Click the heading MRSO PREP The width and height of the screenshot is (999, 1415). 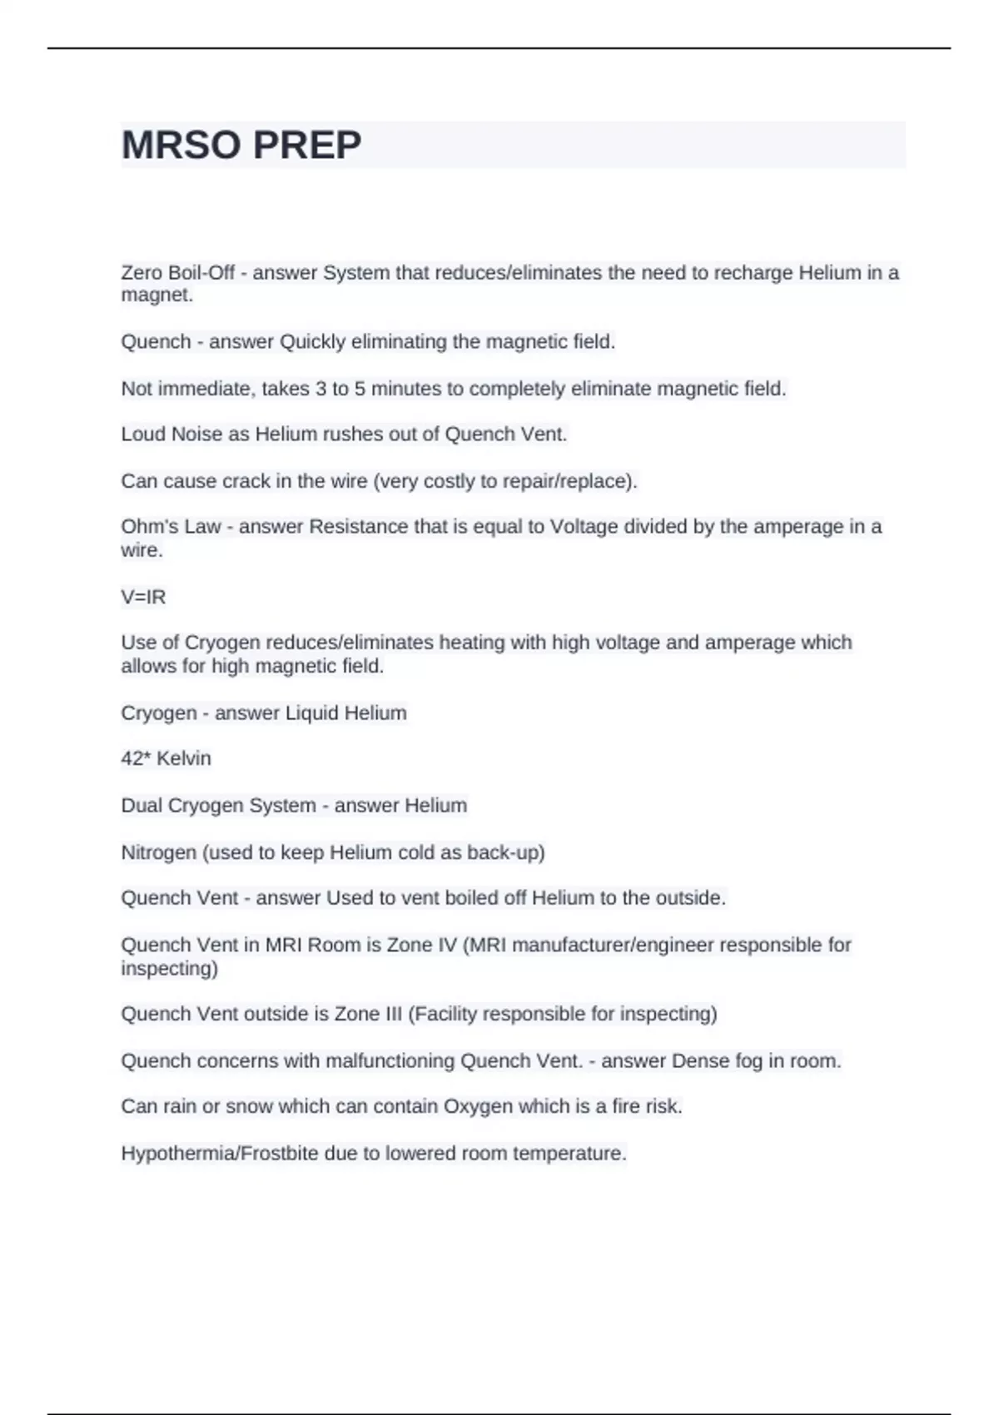(x=241, y=145)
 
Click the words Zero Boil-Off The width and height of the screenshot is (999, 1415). (x=177, y=272)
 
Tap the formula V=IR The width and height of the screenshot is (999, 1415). (x=143, y=597)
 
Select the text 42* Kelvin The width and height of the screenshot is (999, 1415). (x=166, y=758)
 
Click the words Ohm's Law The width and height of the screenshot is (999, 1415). (x=171, y=526)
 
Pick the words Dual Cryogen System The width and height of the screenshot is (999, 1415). (x=218, y=806)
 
